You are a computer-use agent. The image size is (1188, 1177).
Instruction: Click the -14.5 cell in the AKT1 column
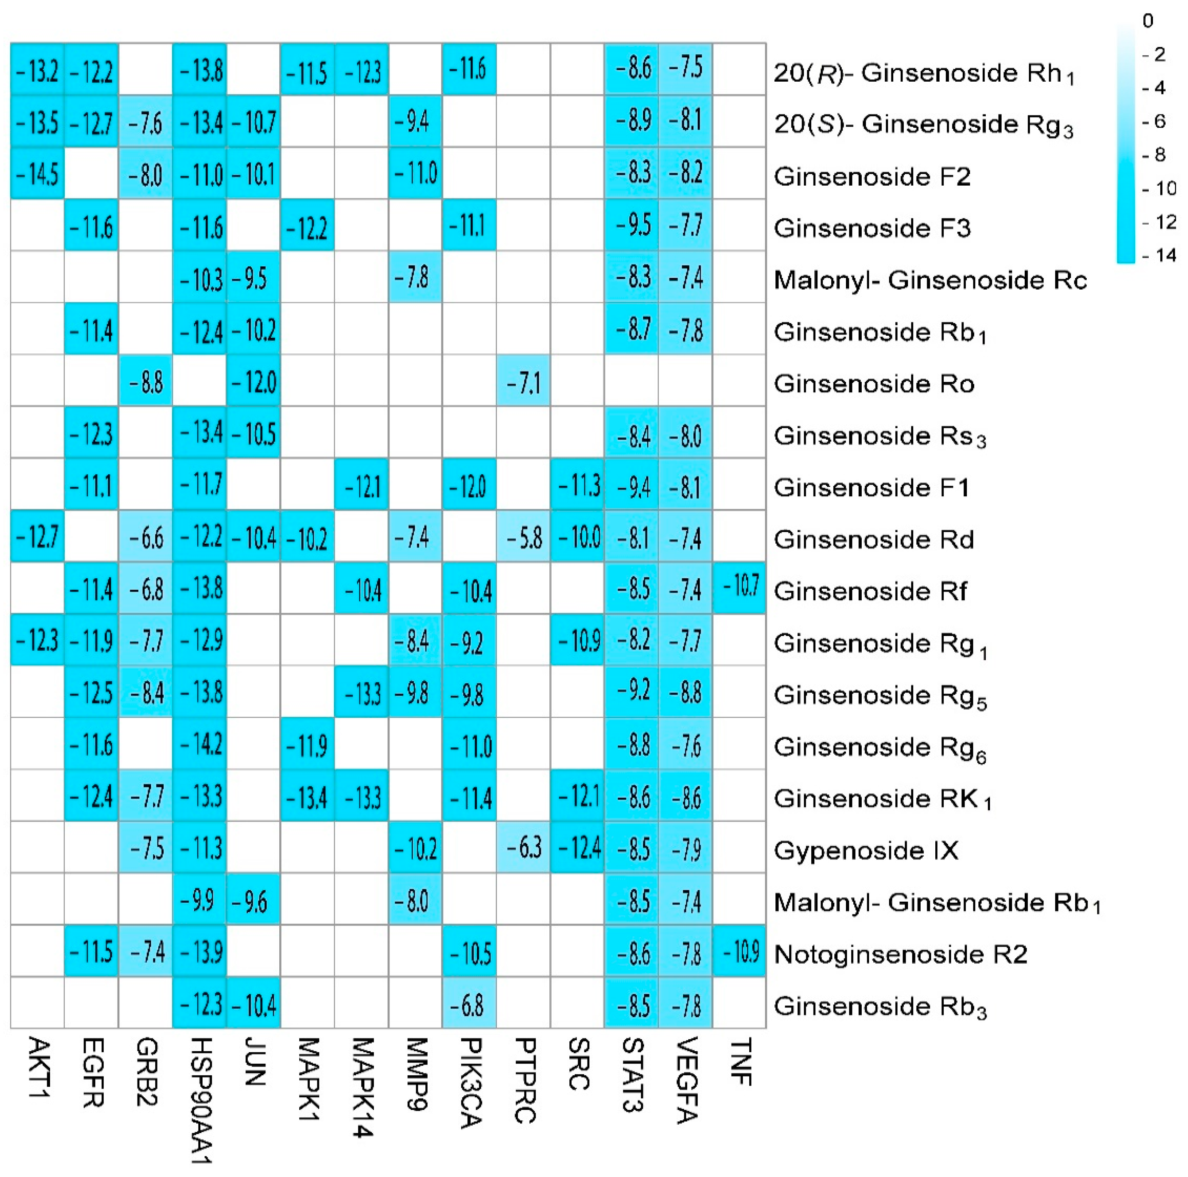pos(37,174)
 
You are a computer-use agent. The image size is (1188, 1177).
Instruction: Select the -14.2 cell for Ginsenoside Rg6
pos(200,744)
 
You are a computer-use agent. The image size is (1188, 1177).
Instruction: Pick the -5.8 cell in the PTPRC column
pos(523,538)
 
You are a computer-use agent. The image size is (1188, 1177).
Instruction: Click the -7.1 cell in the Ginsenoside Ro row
pos(523,382)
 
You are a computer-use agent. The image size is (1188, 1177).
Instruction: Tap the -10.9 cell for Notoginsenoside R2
pos(740,951)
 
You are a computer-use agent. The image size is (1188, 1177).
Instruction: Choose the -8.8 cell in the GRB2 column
pos(145,382)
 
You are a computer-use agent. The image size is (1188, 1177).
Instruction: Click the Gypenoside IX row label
pos(866,850)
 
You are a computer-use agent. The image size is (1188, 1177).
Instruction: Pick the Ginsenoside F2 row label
pos(872,176)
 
